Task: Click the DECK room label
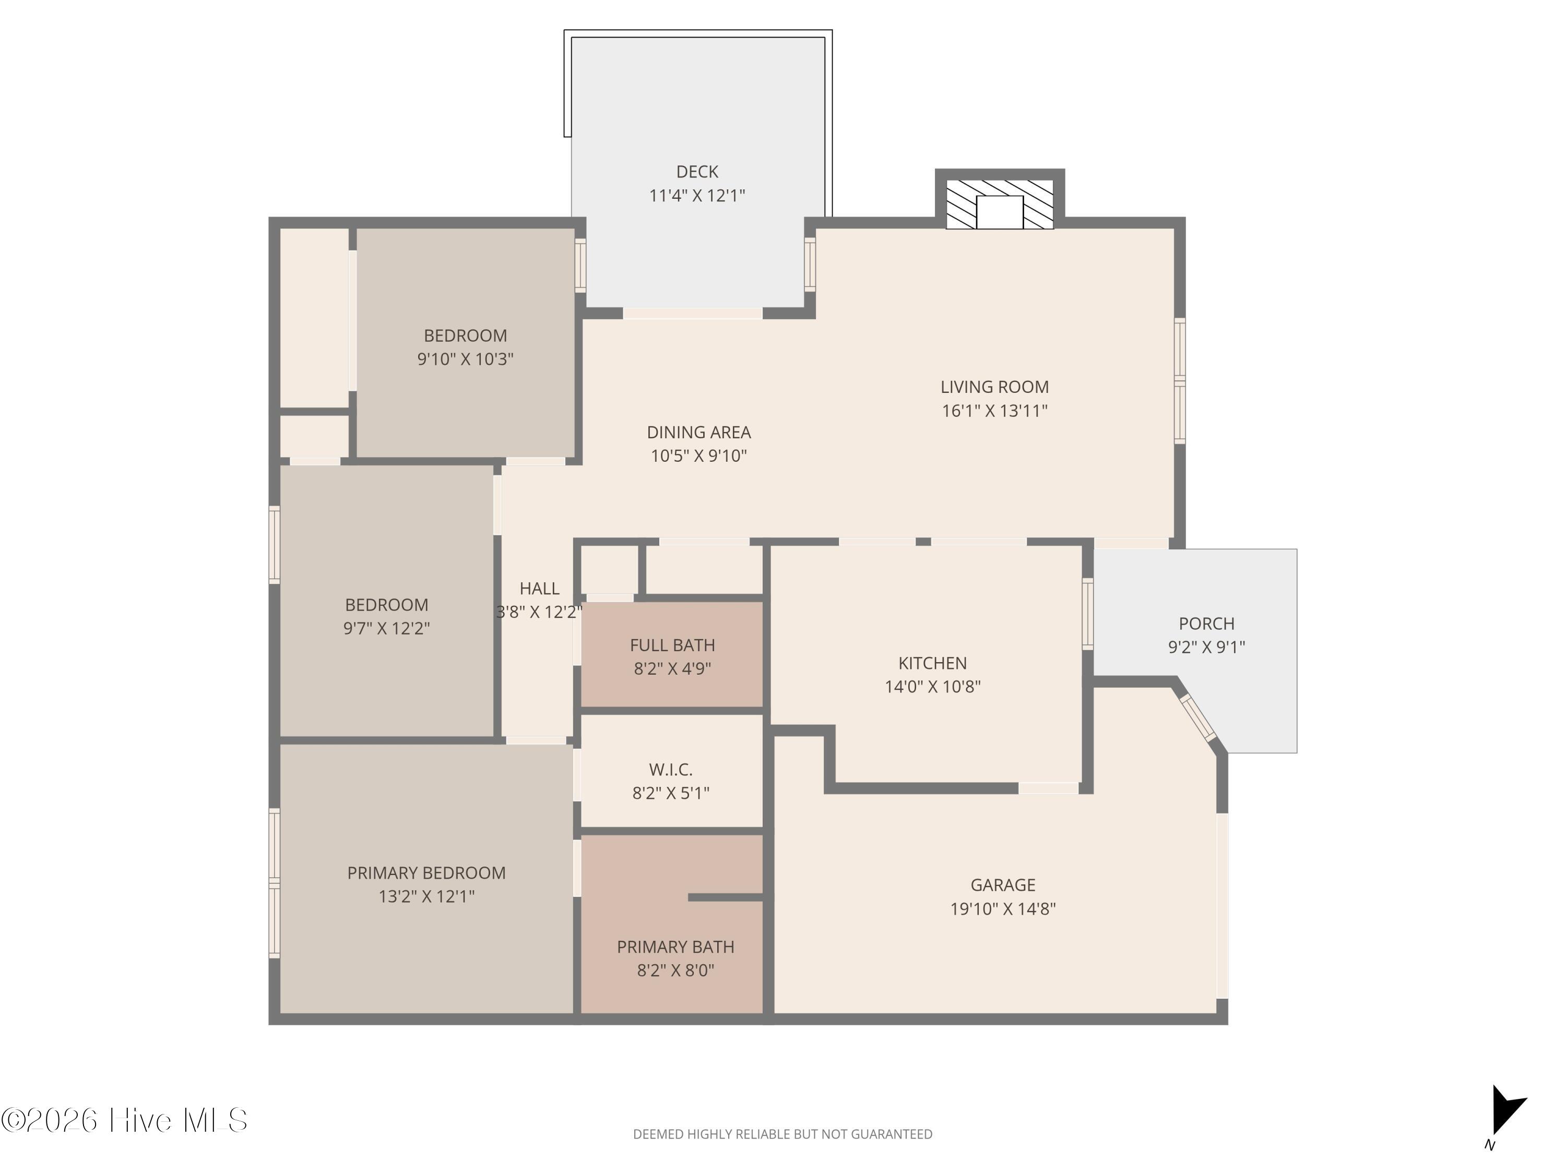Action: coord(697,172)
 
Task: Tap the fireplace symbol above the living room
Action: coord(1000,205)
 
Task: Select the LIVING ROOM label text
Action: coord(995,387)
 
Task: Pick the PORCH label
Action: coord(1206,624)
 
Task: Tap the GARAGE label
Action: coord(1002,885)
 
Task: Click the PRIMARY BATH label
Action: coord(675,947)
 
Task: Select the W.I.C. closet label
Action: coord(670,769)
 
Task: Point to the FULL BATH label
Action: coord(672,645)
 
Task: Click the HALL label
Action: coord(539,588)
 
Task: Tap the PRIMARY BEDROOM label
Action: coord(426,873)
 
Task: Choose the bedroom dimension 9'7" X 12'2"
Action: coord(387,628)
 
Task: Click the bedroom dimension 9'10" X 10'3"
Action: coord(465,359)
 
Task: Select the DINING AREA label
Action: coord(699,433)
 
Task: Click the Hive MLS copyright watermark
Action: coord(125,1120)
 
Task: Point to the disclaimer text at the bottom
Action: coord(782,1134)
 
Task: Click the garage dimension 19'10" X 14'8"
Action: coord(1002,908)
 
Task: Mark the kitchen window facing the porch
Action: coord(1088,614)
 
